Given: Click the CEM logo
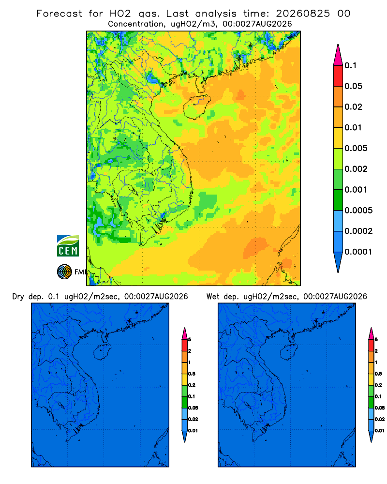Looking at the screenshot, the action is (68, 246).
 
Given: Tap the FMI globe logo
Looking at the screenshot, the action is (64, 272).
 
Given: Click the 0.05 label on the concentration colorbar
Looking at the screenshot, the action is (353, 86).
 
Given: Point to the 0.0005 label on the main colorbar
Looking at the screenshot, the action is (358, 211).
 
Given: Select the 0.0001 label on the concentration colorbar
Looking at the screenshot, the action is (358, 252).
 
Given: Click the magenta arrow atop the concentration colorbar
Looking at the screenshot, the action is (338, 55).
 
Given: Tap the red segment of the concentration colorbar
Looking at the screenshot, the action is (338, 76).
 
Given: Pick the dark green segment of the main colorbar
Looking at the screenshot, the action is (338, 200).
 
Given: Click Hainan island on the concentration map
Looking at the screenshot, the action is (196, 107).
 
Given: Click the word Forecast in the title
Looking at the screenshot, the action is (59, 14).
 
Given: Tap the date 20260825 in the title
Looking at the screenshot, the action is (303, 14).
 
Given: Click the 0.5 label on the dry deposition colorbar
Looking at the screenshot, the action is (192, 374).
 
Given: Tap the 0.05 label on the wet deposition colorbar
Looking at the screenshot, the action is (380, 408).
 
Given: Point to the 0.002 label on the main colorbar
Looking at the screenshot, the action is (356, 169).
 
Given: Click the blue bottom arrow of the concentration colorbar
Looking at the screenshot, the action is (338, 262).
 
